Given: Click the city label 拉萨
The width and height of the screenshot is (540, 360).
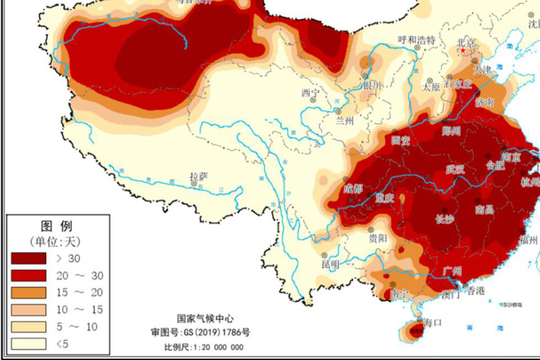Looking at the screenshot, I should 199,176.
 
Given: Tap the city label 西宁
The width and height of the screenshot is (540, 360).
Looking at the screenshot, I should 310,93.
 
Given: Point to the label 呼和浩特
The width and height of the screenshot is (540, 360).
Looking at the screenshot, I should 417,40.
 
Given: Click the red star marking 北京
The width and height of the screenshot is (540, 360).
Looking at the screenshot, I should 463,51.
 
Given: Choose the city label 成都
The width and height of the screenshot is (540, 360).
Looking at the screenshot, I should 353,189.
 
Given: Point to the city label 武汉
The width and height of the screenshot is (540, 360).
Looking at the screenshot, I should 455,169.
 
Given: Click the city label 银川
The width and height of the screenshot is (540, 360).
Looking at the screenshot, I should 372,85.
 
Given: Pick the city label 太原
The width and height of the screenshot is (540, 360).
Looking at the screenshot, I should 430,87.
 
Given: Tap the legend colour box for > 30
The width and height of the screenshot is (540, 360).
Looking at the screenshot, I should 28,258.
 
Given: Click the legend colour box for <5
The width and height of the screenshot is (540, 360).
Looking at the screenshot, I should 28,343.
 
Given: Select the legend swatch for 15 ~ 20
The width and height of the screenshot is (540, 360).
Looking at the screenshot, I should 28,292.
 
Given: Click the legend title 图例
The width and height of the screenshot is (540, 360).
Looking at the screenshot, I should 56,225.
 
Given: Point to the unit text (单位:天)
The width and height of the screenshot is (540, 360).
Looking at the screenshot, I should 55,241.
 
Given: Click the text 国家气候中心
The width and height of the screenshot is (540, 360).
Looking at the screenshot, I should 205,319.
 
